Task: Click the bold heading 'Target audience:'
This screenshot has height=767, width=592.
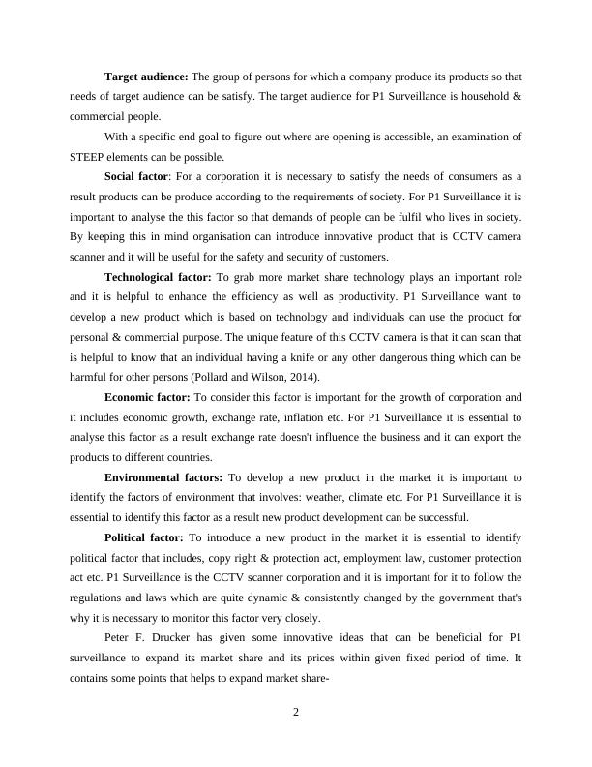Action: (x=147, y=76)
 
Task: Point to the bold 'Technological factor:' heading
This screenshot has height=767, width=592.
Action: (x=157, y=276)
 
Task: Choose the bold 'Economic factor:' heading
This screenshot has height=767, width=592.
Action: (x=147, y=397)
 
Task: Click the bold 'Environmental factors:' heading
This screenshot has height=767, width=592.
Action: (x=163, y=476)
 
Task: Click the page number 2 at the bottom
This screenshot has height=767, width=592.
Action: (x=297, y=714)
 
